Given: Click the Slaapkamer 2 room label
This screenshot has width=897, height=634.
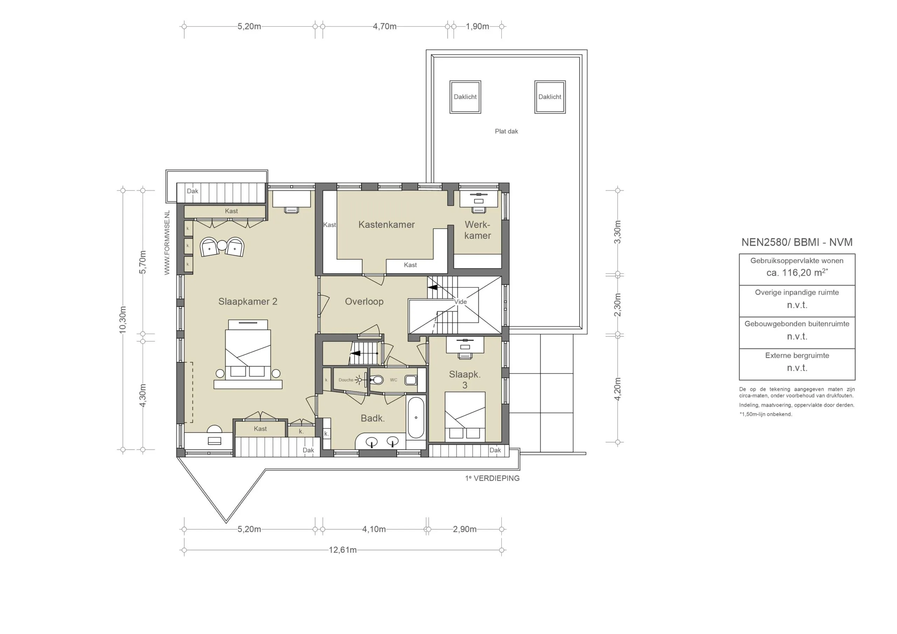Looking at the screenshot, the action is click(248, 301).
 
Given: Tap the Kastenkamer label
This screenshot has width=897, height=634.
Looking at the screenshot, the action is click(386, 224).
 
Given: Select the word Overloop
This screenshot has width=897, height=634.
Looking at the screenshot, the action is click(364, 301).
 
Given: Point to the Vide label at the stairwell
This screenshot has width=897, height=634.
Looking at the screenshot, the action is click(460, 302).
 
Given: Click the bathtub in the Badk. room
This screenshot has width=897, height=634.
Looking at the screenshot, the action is click(416, 417).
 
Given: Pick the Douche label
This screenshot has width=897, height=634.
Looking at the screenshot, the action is click(346, 380).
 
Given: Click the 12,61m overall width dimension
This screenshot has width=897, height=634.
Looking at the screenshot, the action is click(343, 550).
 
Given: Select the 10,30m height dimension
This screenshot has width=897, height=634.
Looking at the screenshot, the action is click(123, 320).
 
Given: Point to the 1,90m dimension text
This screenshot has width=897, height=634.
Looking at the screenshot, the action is click(478, 27).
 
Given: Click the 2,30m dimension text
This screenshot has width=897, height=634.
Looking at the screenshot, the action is click(617, 305).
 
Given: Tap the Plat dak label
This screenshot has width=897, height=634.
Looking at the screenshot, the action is click(506, 131).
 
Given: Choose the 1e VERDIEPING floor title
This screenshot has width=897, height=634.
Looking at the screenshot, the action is click(492, 478).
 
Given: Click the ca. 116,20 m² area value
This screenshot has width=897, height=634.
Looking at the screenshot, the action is click(797, 272).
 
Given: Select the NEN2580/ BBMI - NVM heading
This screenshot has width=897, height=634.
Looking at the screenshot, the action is click(797, 242).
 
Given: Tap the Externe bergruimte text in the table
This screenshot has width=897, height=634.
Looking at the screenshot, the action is click(797, 355).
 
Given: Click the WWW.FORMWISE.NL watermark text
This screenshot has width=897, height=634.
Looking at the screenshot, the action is click(167, 243).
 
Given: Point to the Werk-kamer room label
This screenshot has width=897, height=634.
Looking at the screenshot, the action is click(478, 230).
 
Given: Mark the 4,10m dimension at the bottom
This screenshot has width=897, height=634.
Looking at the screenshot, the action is click(374, 529).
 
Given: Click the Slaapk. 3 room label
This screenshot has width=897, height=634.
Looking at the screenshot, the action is click(465, 379).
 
